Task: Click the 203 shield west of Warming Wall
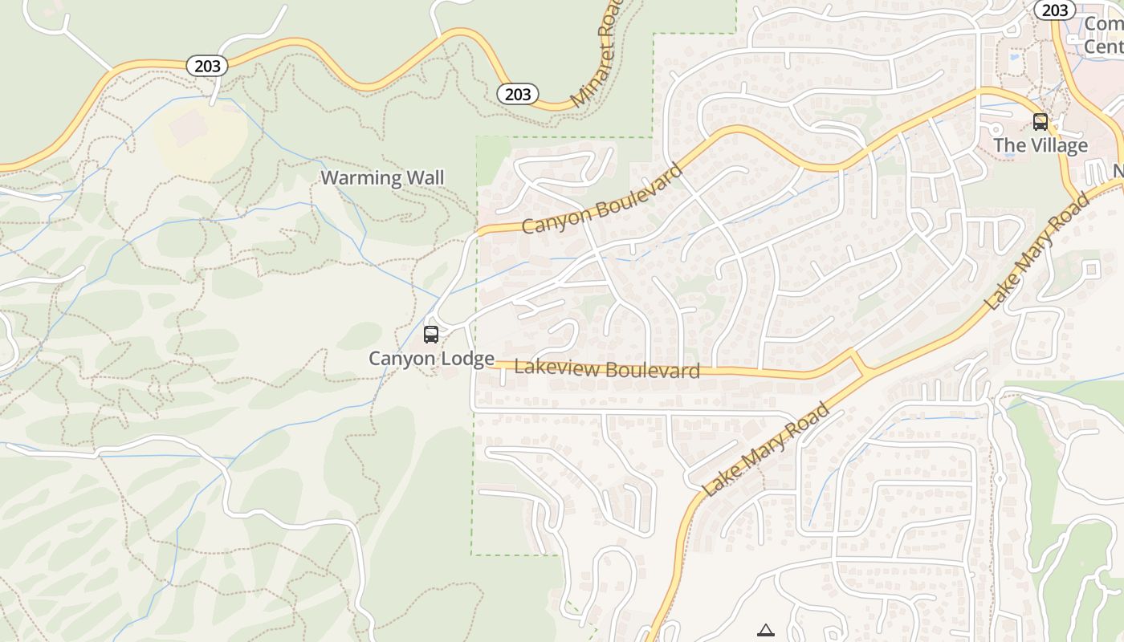tap(207, 66)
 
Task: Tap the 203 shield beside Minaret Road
tap(518, 94)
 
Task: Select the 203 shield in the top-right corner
tap(1054, 10)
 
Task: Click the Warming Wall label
tap(382, 177)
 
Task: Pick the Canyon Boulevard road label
tap(602, 199)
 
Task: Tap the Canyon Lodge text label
tap(431, 358)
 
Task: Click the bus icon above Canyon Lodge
tap(431, 334)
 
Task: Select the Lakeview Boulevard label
tap(607, 369)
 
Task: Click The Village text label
tap(1041, 145)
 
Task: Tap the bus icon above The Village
tap(1041, 122)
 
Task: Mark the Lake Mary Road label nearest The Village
tap(1038, 251)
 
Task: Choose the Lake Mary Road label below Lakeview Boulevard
tap(766, 450)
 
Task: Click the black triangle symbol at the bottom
tap(766, 631)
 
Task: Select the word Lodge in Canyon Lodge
tap(466, 358)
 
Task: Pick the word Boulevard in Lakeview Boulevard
tap(652, 370)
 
